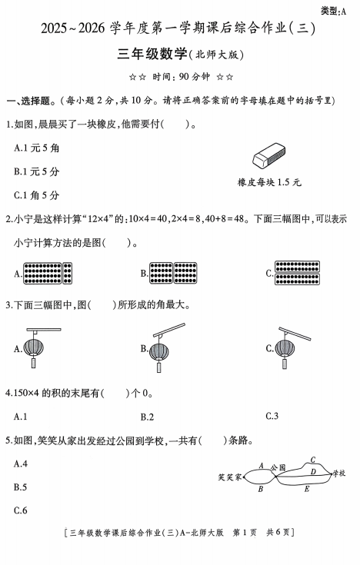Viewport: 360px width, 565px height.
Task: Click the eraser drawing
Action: point(269,158)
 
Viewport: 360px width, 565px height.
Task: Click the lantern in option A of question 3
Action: point(35,348)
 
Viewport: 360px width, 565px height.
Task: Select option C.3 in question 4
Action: point(272,417)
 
